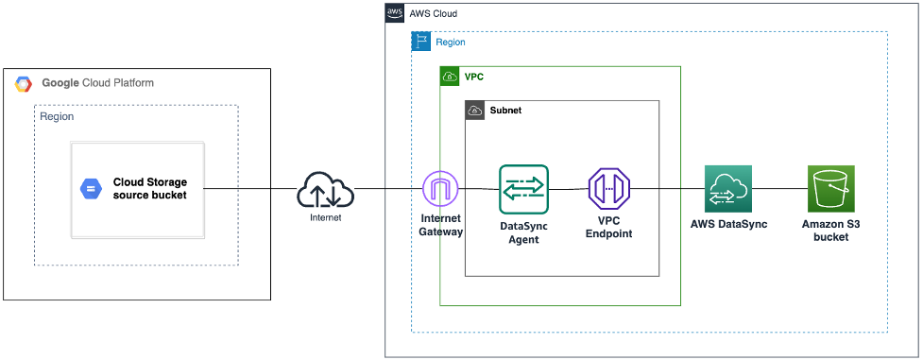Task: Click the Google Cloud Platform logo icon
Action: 24,84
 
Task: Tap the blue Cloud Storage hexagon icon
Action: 91,189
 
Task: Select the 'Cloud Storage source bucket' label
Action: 149,189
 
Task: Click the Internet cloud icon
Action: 325,190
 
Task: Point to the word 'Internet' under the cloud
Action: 325,218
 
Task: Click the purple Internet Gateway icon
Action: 440,189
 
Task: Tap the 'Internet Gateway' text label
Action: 440,225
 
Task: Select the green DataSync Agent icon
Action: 523,189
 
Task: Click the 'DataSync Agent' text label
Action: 523,232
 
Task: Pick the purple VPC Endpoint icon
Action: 608,189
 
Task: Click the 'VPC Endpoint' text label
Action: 608,227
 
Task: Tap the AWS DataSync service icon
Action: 727,188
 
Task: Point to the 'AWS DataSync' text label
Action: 727,224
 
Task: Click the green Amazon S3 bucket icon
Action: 830,188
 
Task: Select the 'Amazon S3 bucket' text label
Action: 830,230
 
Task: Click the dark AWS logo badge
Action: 395,13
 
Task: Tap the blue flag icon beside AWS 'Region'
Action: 421,42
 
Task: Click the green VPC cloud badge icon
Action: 450,76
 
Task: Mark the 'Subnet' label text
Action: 505,111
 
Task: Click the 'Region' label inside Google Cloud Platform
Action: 57,116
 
